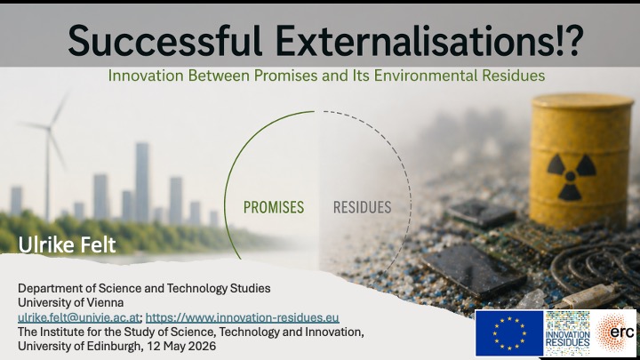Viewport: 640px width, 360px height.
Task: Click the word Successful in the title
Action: coord(164,41)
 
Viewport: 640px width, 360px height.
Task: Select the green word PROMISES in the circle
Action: coord(274,207)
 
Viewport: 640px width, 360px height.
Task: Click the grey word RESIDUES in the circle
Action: coord(362,207)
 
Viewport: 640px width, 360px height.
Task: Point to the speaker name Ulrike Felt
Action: coord(67,245)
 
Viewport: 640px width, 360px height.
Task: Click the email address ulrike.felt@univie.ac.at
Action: coord(79,317)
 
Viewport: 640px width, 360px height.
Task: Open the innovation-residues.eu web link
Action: coord(242,317)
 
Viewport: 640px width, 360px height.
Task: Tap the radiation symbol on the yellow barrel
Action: coord(571,176)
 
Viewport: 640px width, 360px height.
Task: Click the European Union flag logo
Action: coord(509,333)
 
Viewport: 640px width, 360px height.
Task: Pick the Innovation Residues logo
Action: coord(567,333)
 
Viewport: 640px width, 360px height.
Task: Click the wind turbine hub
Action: coord(49,128)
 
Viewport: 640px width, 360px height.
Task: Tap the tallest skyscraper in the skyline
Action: coord(142,182)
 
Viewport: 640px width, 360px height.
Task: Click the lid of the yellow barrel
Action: coord(582,100)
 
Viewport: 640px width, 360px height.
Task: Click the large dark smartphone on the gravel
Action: coord(473,269)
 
